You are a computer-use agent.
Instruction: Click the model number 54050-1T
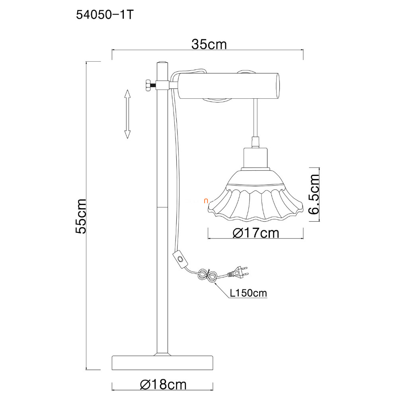105,16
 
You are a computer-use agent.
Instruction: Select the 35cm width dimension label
209,45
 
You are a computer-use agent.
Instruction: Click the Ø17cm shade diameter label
256,233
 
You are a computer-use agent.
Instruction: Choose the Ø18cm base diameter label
163,384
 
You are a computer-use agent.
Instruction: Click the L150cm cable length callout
248,293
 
